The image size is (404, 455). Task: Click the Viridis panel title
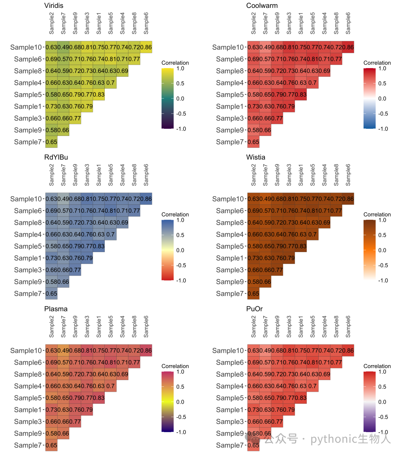coord(53,6)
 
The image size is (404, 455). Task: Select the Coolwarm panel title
coord(262,6)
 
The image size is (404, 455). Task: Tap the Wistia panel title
coord(255,157)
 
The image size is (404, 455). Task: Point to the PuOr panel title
coord(254,309)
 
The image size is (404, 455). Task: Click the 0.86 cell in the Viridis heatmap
coord(146,47)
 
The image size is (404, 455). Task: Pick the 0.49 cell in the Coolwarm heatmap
coord(265,47)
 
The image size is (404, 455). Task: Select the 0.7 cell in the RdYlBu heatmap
coord(110,234)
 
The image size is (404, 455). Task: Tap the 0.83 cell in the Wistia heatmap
coord(301,246)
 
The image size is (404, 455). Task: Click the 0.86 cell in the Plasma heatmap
coord(146,351)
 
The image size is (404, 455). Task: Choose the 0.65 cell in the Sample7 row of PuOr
coord(253,445)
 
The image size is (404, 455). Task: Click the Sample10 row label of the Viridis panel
coord(26,47)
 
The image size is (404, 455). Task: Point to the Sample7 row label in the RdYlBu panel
coord(28,294)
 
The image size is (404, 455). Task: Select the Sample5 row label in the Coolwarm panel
coord(230,94)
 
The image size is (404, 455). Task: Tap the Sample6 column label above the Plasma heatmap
coord(146,327)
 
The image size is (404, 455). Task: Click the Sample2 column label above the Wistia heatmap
coord(253,175)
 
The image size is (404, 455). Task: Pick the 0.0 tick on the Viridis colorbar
coord(180,98)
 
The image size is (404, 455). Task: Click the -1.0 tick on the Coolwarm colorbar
coord(383,129)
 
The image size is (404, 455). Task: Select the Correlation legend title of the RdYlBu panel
coord(175,214)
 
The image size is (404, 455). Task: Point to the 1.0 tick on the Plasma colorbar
coord(180,372)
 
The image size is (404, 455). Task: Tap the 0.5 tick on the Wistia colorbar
coord(382,235)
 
